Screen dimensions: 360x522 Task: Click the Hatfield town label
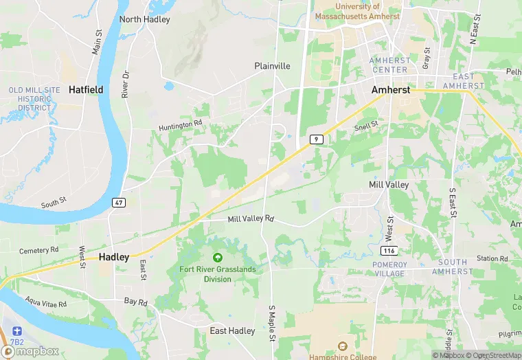(x=86, y=89)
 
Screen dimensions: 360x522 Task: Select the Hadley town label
(x=114, y=256)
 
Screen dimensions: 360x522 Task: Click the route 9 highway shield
(x=315, y=139)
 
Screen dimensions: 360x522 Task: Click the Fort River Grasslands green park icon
(x=218, y=258)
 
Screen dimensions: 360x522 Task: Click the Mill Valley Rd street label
(x=251, y=218)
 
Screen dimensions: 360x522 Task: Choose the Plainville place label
(x=273, y=66)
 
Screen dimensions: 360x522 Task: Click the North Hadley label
(x=145, y=19)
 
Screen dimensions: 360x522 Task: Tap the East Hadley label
(x=232, y=331)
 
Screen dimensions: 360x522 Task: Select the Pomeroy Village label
(x=390, y=269)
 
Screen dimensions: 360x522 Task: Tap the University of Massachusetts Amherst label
(x=357, y=10)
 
